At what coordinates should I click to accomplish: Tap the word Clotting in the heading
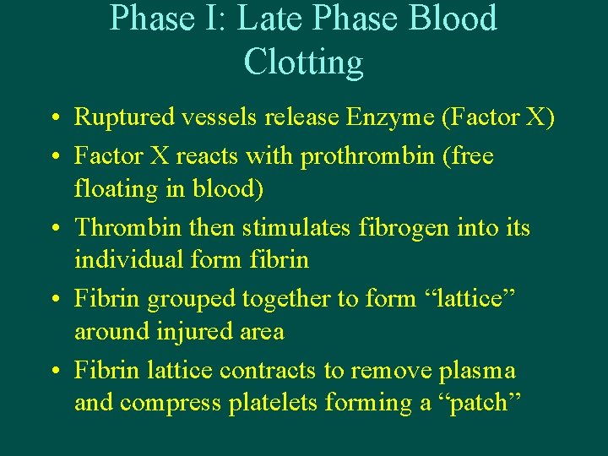point(303,62)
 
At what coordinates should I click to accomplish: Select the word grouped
point(193,298)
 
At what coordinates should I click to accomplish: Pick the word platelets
point(271,403)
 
